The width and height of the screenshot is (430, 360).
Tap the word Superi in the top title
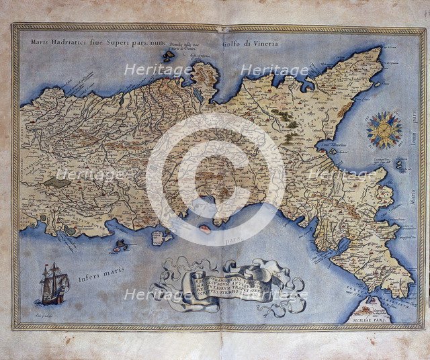124,42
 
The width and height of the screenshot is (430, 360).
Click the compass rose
384,130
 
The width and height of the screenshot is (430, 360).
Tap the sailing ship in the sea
54,283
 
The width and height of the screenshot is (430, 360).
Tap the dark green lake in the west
58,182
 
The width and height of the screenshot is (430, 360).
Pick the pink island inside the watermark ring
205,229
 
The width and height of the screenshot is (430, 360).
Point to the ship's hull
54,296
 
